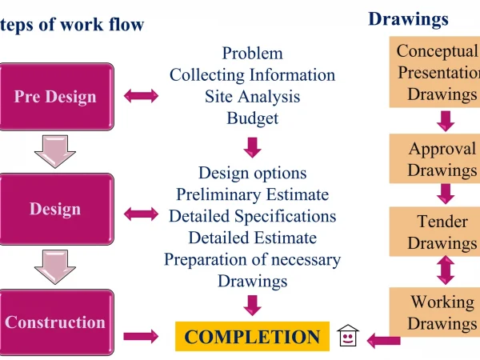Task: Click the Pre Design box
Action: (55, 97)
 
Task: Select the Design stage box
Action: (55, 210)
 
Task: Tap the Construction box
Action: (55, 323)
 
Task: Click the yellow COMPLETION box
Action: (252, 337)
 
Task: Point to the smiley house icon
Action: (348, 336)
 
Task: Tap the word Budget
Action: (252, 118)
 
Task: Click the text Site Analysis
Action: (252, 97)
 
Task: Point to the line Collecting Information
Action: (252, 75)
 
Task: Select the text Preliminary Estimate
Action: (252, 194)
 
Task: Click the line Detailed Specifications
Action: (252, 216)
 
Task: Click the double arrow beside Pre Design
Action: (141, 96)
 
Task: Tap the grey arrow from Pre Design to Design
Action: (55, 151)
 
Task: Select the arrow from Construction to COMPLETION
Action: (141, 337)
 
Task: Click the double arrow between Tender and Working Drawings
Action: (446, 270)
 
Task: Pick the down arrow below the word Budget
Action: (252, 146)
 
